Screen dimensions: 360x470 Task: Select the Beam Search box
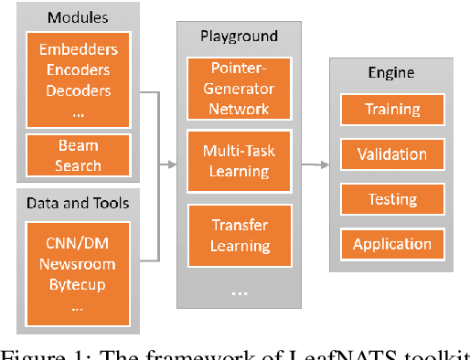[78, 156]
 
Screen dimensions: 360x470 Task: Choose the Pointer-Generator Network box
[240, 89]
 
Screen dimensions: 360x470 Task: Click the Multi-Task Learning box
[240, 161]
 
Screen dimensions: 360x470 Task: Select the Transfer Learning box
[240, 235]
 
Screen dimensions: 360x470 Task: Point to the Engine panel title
[390, 73]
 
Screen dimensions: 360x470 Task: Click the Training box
[391, 110]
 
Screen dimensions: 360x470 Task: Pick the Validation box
[391, 154]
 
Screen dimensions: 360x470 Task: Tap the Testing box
[391, 199]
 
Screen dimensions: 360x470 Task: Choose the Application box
[391, 244]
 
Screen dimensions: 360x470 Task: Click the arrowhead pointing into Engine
[326, 164]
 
